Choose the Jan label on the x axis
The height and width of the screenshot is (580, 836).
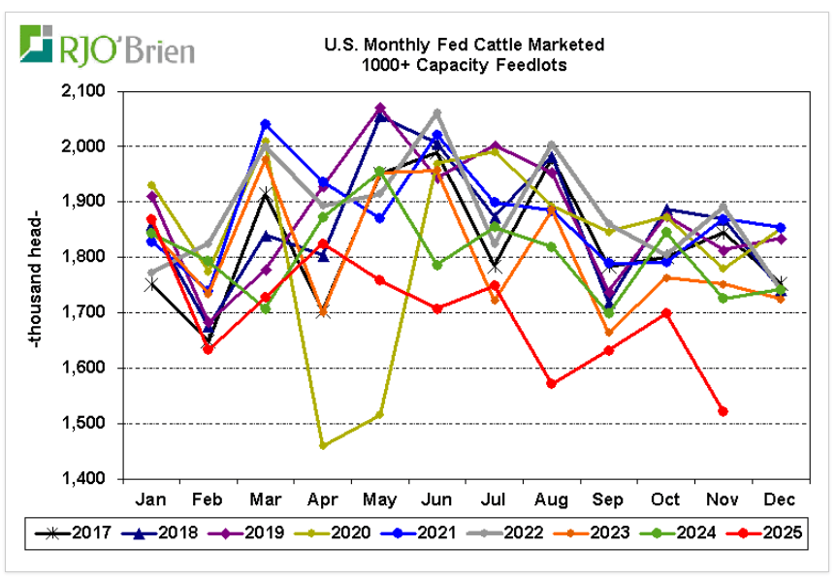[x=150, y=499]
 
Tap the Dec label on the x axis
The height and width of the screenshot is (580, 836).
[x=781, y=499]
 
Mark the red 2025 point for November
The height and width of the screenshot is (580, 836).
[x=723, y=411]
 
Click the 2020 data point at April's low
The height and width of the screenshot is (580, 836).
[x=323, y=445]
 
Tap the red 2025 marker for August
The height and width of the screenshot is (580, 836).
[x=552, y=384]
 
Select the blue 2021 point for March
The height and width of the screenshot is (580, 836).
[x=266, y=124]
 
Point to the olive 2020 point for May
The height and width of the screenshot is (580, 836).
[x=380, y=415]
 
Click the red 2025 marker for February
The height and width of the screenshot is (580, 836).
[x=209, y=349]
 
